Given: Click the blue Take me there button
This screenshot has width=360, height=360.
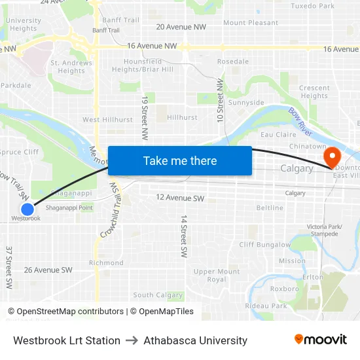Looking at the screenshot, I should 180,160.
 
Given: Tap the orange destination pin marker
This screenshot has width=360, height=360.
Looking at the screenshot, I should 332,156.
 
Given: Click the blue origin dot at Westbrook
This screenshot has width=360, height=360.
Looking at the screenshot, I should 27,209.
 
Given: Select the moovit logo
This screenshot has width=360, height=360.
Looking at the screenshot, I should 321,339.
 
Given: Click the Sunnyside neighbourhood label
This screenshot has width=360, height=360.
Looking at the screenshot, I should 246,103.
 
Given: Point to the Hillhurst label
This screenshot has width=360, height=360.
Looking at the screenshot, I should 181,118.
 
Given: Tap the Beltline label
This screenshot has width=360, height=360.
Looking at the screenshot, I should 270,208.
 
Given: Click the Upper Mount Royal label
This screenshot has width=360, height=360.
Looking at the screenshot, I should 217,276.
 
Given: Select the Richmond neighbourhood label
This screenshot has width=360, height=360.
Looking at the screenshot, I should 106,263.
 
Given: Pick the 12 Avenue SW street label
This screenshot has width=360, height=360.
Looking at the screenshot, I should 180,198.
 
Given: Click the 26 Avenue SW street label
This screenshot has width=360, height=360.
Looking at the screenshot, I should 48,270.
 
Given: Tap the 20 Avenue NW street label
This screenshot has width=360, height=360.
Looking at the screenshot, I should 181,27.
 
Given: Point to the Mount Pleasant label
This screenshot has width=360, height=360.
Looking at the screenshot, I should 251,23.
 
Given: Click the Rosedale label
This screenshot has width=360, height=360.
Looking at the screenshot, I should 233,62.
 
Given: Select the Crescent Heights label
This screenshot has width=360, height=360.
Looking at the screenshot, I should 314,92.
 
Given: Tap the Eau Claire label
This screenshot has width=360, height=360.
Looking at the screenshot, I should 274,134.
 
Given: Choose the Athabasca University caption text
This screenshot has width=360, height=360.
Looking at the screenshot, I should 195,340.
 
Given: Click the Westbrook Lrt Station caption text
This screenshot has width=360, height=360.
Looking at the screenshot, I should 67,340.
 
